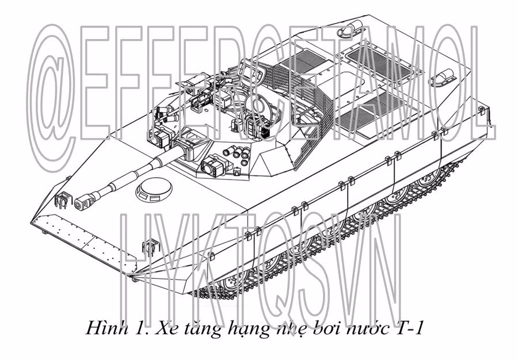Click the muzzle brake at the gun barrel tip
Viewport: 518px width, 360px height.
(83, 202)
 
